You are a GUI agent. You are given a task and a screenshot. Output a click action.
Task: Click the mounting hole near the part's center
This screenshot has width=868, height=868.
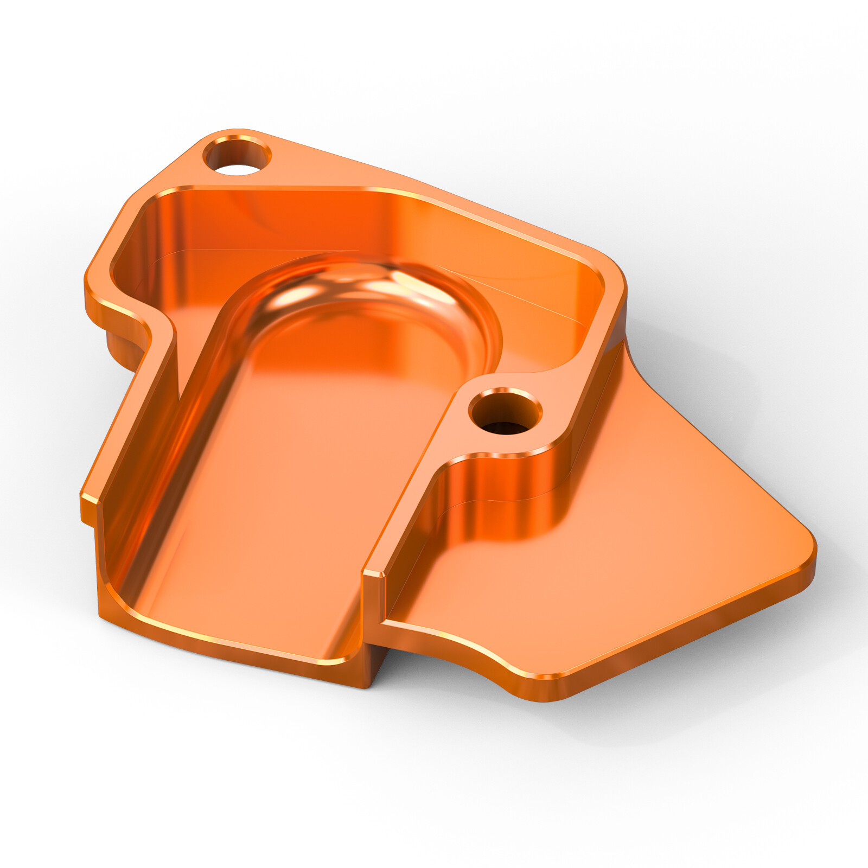[x=505, y=413]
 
